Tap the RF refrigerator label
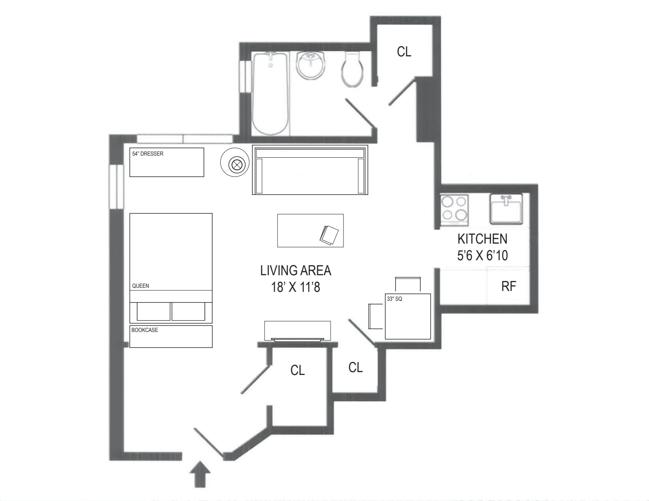tap(509, 286)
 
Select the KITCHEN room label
tap(482, 239)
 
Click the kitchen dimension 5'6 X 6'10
tap(482, 256)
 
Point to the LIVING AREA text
tap(296, 270)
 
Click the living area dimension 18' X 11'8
tap(296, 287)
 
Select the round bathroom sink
tap(311, 65)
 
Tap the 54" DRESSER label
tap(148, 154)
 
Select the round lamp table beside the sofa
tap(235, 164)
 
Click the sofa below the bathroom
tap(310, 170)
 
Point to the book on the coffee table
tap(329, 235)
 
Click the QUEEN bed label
tap(140, 286)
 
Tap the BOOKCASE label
tap(144, 330)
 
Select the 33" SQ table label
tap(394, 299)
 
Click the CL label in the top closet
tap(404, 51)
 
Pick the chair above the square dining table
tap(408, 283)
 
